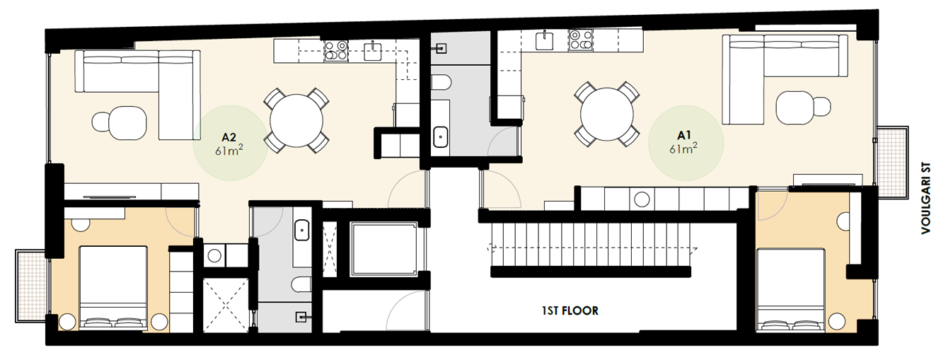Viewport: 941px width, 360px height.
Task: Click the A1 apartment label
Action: [x=683, y=134]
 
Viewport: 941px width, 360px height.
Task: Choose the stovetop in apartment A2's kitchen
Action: [x=336, y=50]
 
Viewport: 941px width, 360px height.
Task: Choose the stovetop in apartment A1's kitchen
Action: [x=580, y=40]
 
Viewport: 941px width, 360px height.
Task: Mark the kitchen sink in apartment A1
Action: [x=545, y=40]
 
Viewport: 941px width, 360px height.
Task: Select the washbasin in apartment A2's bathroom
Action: [x=302, y=230]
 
